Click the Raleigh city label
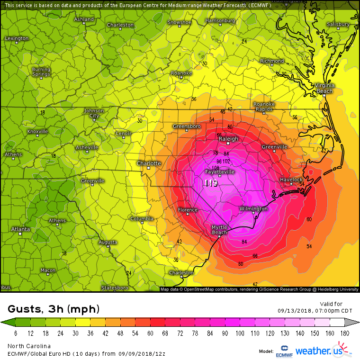(228, 139)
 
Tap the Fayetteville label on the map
(219, 171)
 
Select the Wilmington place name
(253, 208)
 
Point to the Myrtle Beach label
(219, 230)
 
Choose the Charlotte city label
(149, 163)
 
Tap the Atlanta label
(20, 229)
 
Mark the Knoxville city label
(37, 131)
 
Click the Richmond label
(272, 61)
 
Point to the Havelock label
(291, 180)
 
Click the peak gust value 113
(211, 183)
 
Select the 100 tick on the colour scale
(240, 334)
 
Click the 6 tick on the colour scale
(16, 334)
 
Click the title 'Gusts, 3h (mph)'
(54, 309)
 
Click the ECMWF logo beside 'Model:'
(283, 351)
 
